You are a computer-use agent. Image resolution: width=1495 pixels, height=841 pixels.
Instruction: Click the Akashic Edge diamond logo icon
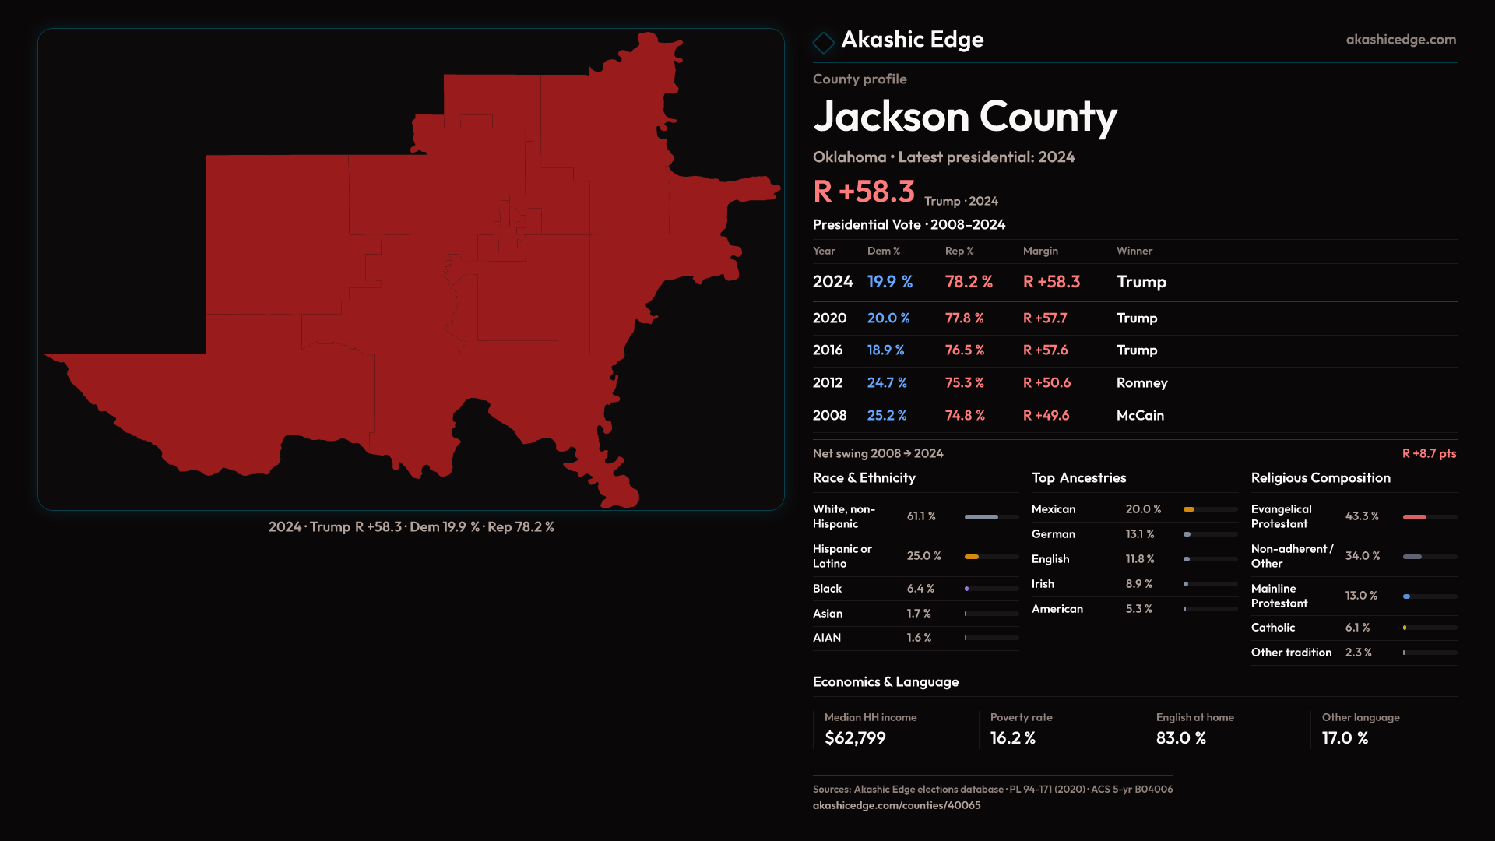click(823, 42)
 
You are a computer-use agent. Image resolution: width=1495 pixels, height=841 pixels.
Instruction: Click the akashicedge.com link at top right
click(1400, 40)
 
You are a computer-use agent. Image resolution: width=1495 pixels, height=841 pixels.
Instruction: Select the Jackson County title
click(965, 117)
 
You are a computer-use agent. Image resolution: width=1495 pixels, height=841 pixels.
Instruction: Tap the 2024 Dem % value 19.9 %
click(889, 282)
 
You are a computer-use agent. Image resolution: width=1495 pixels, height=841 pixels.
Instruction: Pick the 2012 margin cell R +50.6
click(1046, 383)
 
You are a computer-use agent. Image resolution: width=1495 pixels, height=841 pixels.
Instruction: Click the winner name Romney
click(1141, 383)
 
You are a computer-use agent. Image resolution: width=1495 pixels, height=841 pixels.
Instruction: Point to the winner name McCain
click(1140, 416)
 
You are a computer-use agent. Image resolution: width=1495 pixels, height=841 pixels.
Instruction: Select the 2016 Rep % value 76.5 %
click(965, 350)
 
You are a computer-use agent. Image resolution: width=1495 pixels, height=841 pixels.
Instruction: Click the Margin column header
click(1040, 251)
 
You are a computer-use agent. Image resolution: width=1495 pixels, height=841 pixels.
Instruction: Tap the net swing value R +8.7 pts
click(1429, 453)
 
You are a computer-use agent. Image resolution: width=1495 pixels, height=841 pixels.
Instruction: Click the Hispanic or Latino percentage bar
click(991, 557)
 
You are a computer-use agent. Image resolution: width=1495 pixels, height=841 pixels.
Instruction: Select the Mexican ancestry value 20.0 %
click(1143, 509)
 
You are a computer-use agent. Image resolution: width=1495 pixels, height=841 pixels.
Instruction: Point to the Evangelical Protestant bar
click(1429, 517)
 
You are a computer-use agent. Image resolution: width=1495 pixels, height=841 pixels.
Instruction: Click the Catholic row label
click(1273, 628)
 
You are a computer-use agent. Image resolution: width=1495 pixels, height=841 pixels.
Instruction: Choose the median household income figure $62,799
click(855, 738)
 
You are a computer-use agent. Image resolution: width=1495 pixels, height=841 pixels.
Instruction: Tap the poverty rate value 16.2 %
click(1012, 738)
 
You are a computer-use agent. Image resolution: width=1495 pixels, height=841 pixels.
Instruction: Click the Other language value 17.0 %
click(1345, 738)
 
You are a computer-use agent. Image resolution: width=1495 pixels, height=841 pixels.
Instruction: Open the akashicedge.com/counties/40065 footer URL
click(896, 805)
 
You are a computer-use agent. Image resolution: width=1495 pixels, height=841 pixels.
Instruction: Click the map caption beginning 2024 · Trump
click(411, 527)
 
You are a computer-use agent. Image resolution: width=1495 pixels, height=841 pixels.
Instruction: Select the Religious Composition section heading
click(1321, 478)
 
